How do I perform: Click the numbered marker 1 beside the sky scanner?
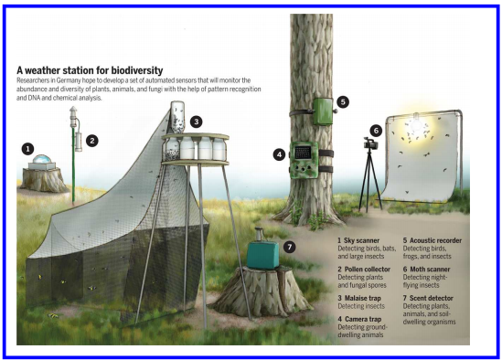click(27, 149)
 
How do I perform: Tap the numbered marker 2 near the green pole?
click(92, 141)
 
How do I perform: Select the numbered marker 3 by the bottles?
click(197, 122)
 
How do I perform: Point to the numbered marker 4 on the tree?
click(279, 155)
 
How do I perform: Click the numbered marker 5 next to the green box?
click(343, 102)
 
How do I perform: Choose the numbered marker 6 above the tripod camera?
click(376, 131)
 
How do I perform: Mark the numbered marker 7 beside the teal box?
click(290, 247)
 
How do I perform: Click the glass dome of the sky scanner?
click(42, 159)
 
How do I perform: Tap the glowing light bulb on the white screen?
click(416, 124)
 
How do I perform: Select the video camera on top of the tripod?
click(371, 143)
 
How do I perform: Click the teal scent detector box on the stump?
click(262, 254)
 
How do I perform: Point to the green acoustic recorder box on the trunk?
click(323, 111)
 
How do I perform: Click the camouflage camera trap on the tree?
click(304, 160)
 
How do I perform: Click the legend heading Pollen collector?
click(368, 270)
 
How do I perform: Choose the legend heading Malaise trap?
click(363, 298)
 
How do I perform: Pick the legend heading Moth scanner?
click(430, 270)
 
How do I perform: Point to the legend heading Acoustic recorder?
click(436, 240)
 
